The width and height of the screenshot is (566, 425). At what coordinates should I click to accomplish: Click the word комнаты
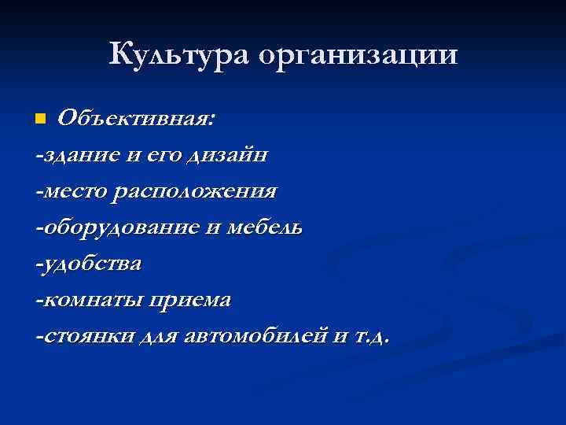(90, 301)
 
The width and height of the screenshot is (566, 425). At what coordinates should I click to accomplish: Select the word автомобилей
(253, 336)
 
